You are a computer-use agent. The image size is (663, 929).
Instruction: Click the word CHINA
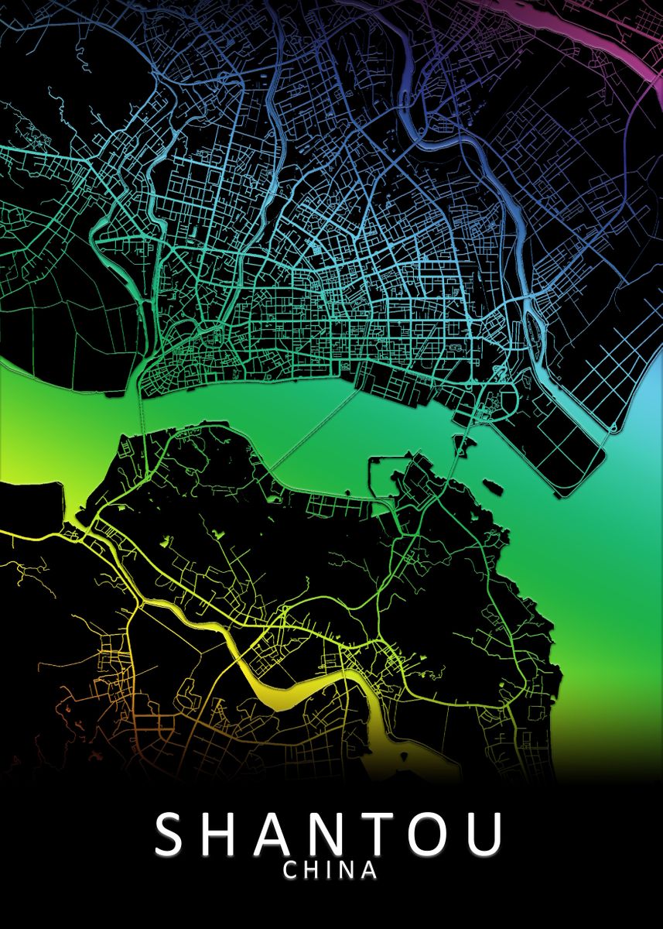[330, 871]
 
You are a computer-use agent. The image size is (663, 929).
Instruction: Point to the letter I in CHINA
[331, 871]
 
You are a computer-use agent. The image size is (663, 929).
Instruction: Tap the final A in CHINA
[369, 871]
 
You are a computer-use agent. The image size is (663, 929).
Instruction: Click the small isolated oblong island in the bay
[492, 488]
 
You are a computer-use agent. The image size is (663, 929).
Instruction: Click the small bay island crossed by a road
[463, 445]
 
